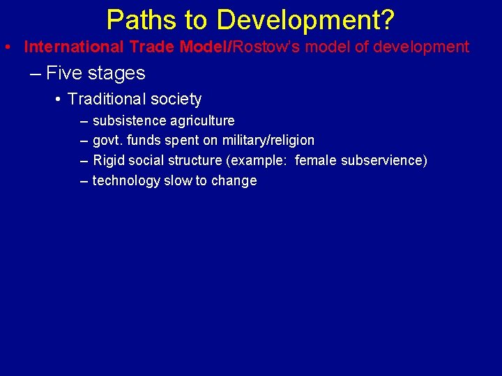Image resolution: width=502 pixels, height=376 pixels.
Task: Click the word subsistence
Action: click(126, 121)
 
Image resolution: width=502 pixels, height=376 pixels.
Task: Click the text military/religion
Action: click(268, 141)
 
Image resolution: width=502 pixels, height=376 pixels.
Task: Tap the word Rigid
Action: click(108, 161)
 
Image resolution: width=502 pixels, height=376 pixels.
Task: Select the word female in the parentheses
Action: click(316, 161)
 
